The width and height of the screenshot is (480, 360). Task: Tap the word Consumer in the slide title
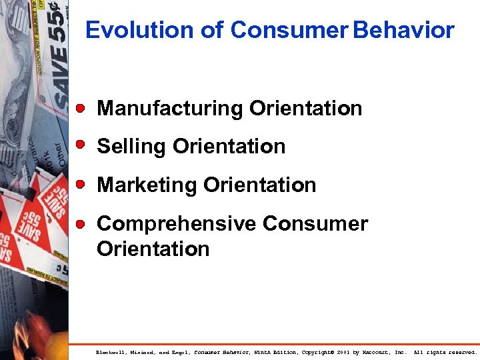tap(290, 30)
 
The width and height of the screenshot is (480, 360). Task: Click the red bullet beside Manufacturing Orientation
tap(80, 107)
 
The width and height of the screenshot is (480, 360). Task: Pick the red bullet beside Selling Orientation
tap(80, 145)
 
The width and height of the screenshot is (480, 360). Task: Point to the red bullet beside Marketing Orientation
tap(80, 183)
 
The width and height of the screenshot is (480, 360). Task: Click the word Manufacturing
tap(170, 108)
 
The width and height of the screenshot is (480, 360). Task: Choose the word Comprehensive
tap(176, 223)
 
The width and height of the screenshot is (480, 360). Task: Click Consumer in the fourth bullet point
tap(315, 223)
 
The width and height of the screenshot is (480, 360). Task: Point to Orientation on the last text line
tap(153, 249)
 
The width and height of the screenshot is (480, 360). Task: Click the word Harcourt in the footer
tap(374, 351)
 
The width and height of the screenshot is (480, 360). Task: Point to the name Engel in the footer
tap(179, 351)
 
